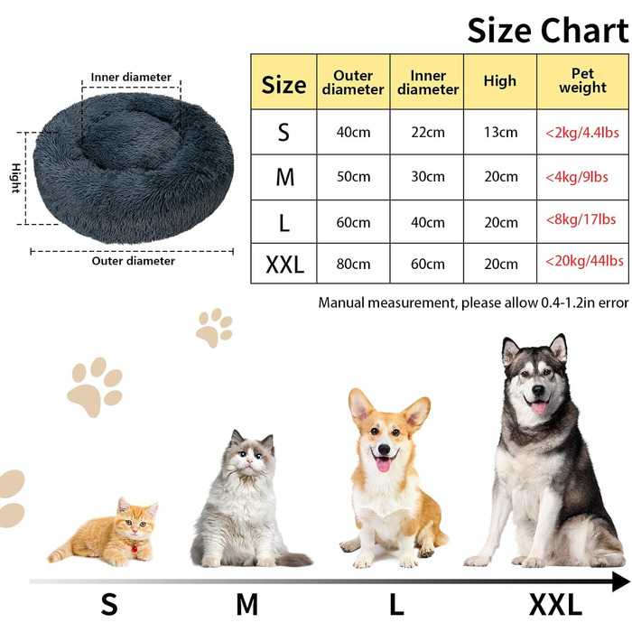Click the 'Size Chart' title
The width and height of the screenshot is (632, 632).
pos(547,30)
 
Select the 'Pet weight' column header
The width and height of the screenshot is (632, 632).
pos(582,81)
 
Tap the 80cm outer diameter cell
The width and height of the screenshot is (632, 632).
pos(353,264)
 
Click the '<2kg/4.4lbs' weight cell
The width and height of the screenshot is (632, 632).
pos(582,132)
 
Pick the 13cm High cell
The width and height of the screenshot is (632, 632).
pos(500,133)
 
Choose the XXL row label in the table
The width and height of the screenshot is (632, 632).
pos(284,264)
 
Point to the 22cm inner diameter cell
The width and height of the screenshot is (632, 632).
pos(428,133)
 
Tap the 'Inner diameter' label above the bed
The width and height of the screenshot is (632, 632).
pos(131,78)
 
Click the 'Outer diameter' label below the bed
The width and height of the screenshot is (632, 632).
pos(134,261)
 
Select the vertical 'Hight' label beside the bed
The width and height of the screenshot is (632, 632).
pos(15,178)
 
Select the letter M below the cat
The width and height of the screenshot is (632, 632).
pos(246,604)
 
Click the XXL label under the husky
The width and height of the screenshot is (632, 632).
pos(555,604)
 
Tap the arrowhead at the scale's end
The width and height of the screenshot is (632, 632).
pos(620,581)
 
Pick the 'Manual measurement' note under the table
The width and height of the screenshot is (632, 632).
pos(473,302)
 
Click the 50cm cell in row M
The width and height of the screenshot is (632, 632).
pos(353,177)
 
